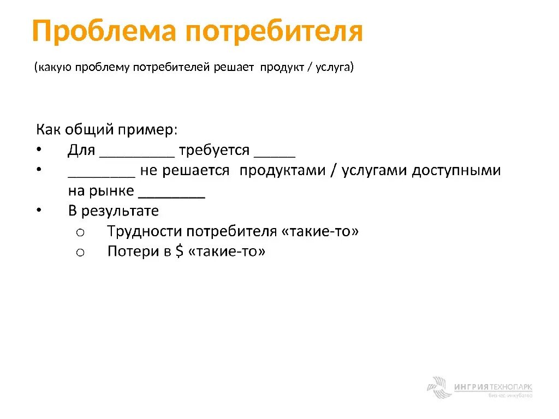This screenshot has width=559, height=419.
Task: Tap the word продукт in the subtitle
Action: click(283, 68)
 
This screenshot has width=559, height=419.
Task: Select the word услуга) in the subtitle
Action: click(334, 68)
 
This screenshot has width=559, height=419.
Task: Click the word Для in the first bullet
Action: click(81, 150)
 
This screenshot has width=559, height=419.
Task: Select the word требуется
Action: click(213, 150)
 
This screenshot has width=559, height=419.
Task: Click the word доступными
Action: click(456, 171)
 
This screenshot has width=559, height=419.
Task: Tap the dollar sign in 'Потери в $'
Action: click(179, 252)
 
